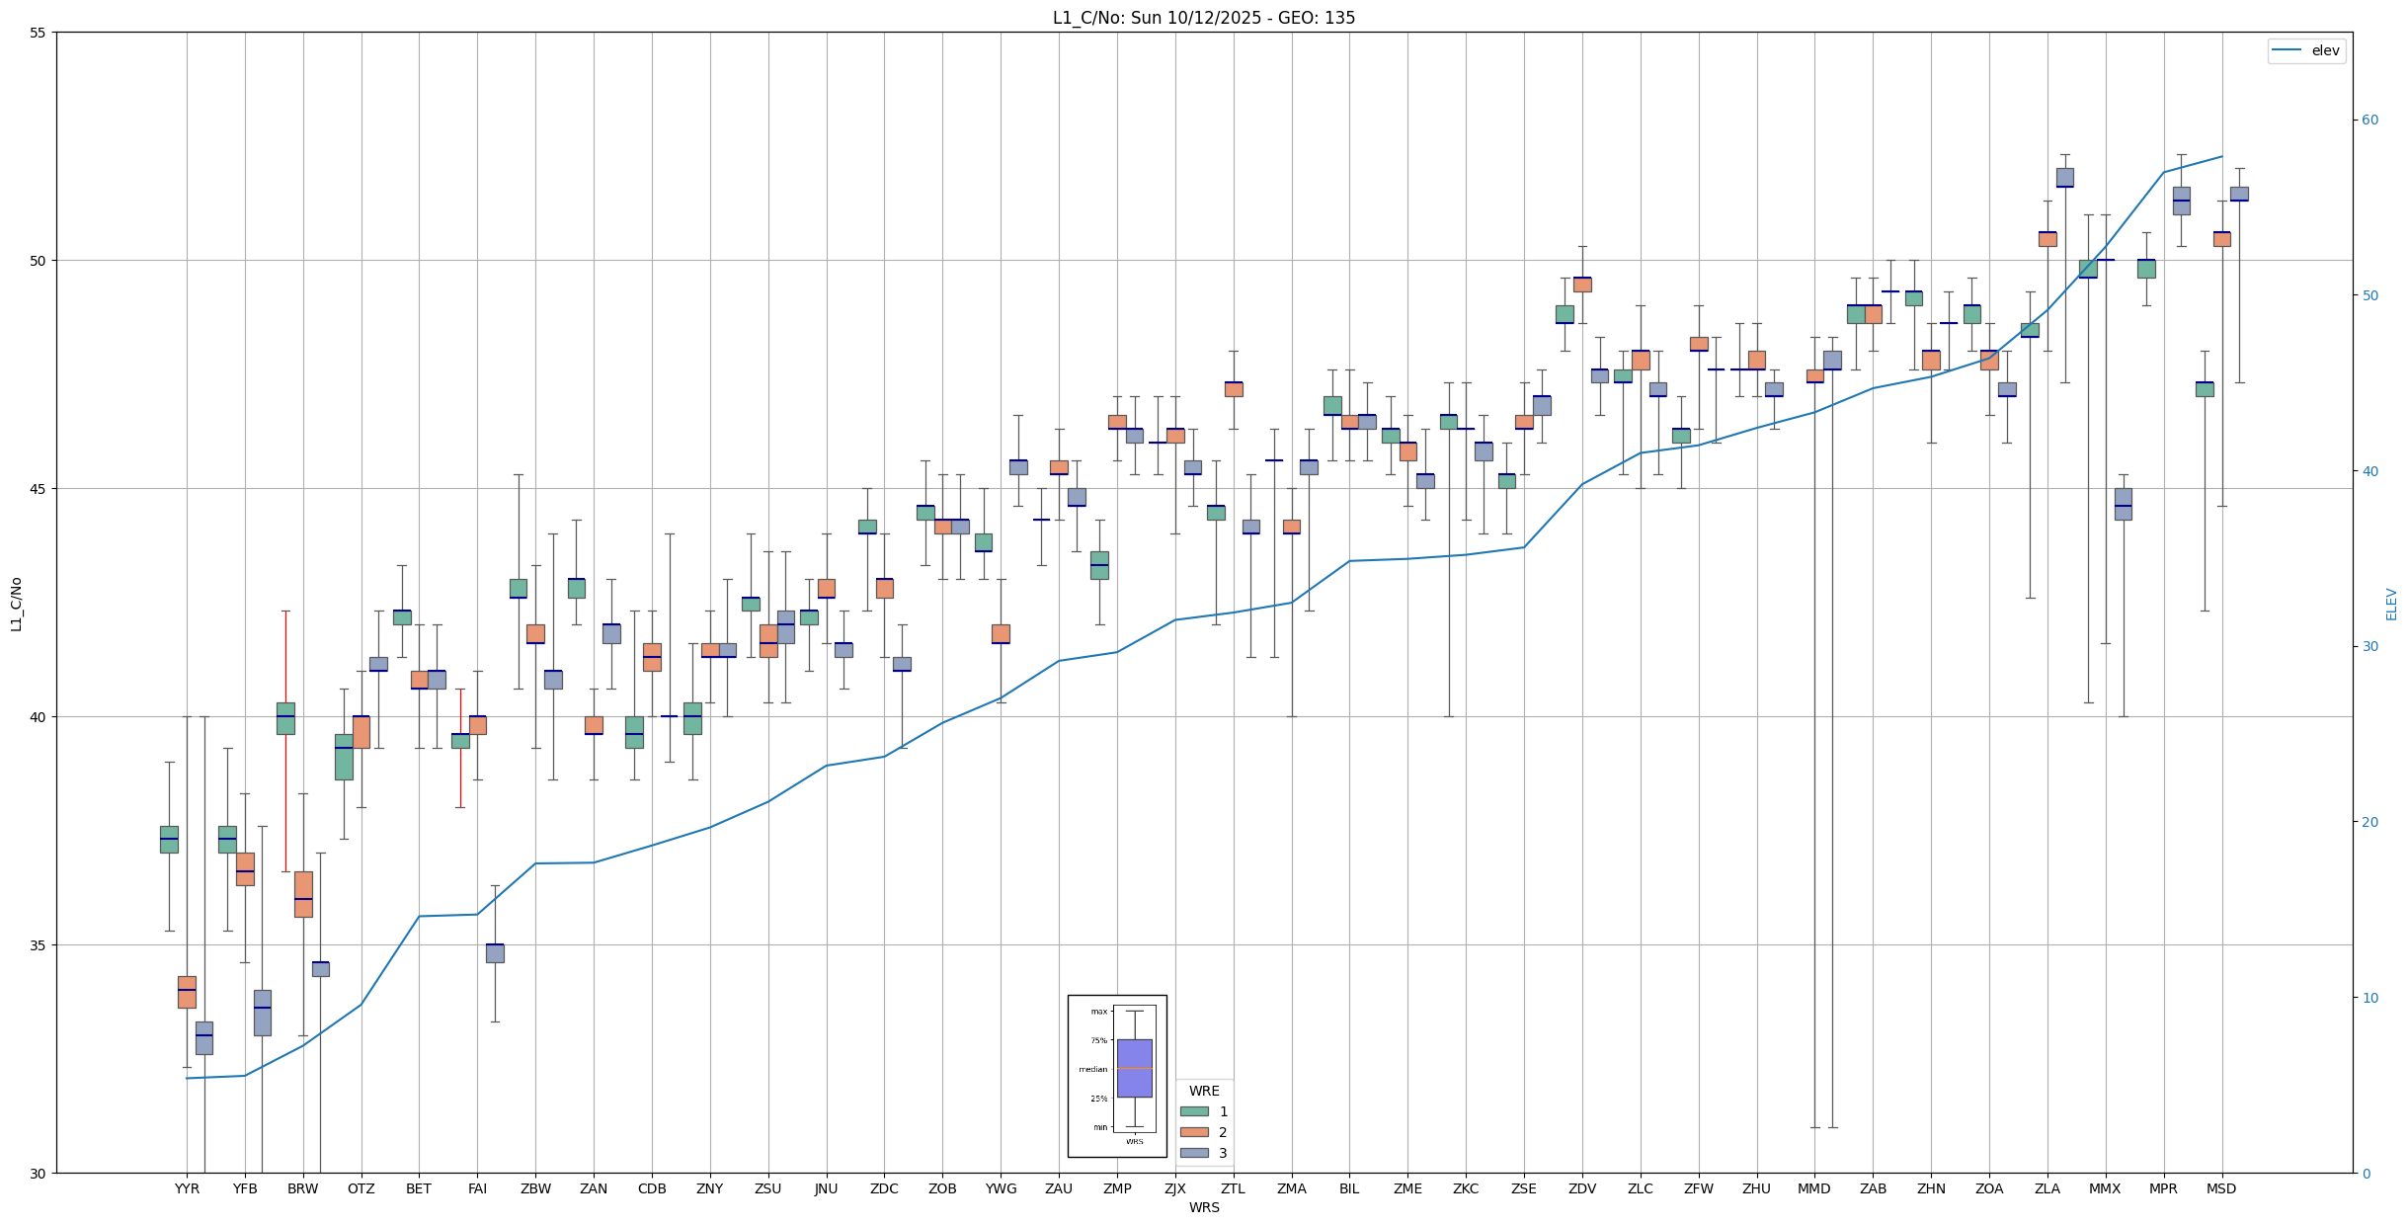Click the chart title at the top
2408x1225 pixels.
point(1203,18)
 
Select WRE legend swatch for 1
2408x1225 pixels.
point(1194,1111)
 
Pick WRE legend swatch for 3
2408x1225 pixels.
point(1194,1153)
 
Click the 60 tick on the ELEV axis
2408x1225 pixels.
point(2369,121)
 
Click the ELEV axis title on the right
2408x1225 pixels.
point(2391,604)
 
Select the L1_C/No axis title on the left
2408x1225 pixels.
point(16,604)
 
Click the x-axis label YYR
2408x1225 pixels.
point(187,1188)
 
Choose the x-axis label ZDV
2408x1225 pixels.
point(1582,1188)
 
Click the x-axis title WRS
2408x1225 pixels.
point(1204,1207)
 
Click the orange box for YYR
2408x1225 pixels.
point(187,992)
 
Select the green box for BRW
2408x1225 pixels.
point(285,718)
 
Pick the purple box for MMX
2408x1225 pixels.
point(2123,504)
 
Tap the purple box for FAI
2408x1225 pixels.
point(495,953)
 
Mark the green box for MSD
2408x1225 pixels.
point(2205,389)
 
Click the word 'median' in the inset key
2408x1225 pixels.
point(1092,1069)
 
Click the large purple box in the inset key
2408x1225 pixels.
point(1134,1068)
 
